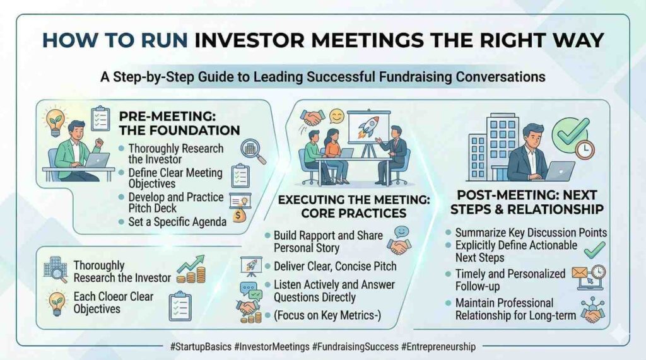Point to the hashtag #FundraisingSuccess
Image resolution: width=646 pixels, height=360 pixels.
coord(355,347)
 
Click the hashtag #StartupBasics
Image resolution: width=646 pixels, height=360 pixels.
coord(201,347)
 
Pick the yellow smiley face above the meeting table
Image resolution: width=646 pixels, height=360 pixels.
coord(337,117)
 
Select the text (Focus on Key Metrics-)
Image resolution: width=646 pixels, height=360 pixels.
coord(327,315)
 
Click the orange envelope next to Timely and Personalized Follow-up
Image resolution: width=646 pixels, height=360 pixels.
coord(579,272)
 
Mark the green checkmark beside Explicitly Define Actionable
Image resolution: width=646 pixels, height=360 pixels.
coord(594,249)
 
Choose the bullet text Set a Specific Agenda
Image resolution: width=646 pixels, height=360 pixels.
coord(177,222)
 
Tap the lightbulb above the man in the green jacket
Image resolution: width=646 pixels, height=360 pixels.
coord(56,121)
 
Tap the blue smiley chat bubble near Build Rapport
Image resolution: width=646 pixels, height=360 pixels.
coord(401,232)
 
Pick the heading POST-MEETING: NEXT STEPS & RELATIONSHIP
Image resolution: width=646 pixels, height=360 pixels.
coord(527,202)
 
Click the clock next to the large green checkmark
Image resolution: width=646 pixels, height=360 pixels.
coord(585,150)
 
